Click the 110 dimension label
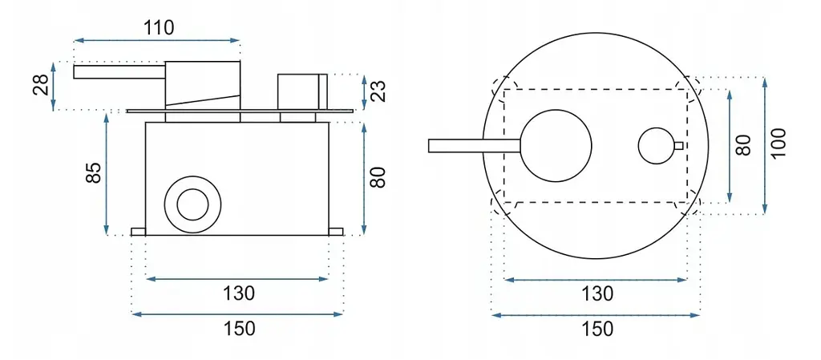pyautogui.click(x=159, y=27)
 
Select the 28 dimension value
pyautogui.click(x=42, y=85)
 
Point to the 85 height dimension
pyautogui.click(x=93, y=173)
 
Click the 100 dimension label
pyautogui.click(x=779, y=144)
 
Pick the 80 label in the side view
pyautogui.click(x=377, y=177)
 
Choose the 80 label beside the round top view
pyautogui.click(x=742, y=145)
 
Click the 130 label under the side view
pyautogui.click(x=238, y=293)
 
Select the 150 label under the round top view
pyautogui.click(x=597, y=329)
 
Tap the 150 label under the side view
pyautogui.click(x=238, y=329)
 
